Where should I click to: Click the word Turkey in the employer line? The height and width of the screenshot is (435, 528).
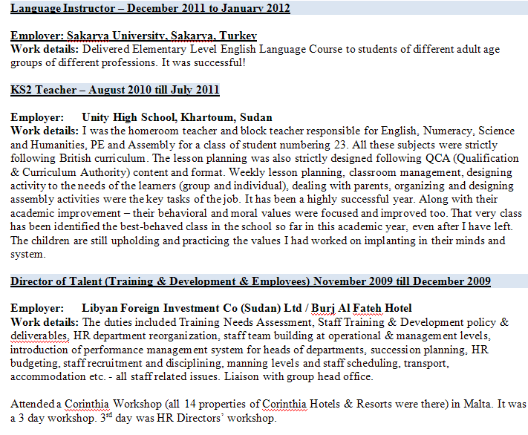(238, 36)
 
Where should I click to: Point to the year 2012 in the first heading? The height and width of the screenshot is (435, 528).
(274, 8)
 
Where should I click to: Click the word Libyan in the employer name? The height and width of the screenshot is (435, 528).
(100, 308)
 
